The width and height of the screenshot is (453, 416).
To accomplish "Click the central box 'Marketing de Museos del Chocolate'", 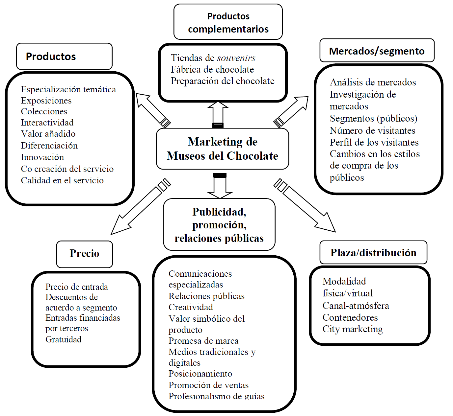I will (x=223, y=149).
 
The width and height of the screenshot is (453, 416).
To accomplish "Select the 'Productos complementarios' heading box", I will (x=228, y=22).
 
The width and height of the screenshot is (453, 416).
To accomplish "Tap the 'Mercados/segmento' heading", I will (x=377, y=51).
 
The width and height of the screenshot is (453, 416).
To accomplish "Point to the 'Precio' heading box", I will (x=84, y=253).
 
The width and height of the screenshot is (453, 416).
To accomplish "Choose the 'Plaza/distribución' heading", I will (x=373, y=253).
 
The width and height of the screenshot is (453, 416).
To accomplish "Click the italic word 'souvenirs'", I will (x=236, y=58).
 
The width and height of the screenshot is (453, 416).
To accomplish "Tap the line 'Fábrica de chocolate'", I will (x=212, y=70).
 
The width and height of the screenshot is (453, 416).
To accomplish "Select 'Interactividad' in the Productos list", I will (x=47, y=123).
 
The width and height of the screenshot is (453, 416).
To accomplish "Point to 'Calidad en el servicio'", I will (x=62, y=180).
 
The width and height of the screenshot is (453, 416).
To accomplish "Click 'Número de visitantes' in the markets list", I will (x=372, y=130).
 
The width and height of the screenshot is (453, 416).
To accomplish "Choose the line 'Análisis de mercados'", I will (x=373, y=82).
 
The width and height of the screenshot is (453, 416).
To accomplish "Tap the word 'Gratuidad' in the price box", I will (x=63, y=339).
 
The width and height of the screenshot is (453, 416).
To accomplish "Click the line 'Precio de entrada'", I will (x=76, y=287).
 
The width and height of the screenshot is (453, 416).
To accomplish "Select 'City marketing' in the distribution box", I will (x=353, y=329).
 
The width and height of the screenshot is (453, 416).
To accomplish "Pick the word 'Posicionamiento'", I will (x=200, y=374).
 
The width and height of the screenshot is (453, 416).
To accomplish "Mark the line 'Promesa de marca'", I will (x=203, y=341).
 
